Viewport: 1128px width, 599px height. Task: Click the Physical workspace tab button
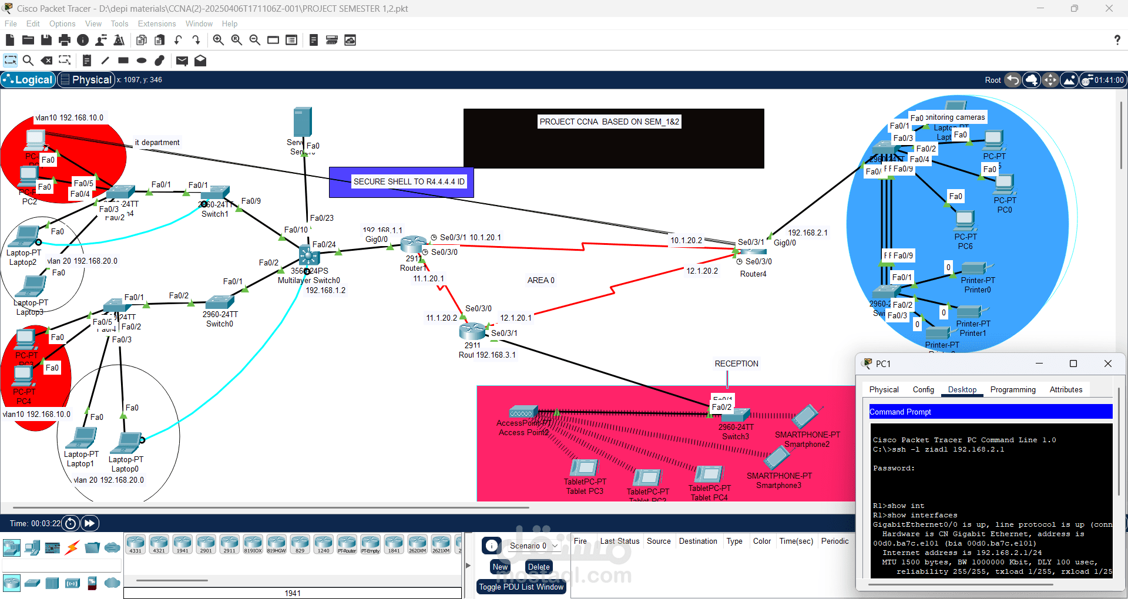click(x=86, y=80)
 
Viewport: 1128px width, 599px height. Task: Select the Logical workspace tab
click(x=28, y=80)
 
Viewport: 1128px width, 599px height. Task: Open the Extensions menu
click(x=157, y=24)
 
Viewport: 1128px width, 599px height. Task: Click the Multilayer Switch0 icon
click(x=309, y=255)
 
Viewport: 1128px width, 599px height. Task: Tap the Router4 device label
click(x=753, y=274)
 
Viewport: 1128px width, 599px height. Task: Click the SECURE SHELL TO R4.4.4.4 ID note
click(x=408, y=182)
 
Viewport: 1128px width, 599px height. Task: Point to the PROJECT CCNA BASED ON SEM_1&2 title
click(x=609, y=122)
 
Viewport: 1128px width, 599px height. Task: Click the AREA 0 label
click(x=540, y=281)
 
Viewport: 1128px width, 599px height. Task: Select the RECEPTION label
click(x=736, y=364)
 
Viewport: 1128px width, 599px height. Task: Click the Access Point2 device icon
click(x=522, y=412)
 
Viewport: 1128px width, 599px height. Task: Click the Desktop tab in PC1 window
click(x=962, y=390)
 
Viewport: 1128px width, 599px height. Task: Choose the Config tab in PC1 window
click(x=923, y=390)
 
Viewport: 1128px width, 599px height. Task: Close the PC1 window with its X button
click(x=1107, y=364)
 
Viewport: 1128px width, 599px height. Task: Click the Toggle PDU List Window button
click(x=521, y=587)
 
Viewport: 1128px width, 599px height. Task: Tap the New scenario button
click(x=500, y=567)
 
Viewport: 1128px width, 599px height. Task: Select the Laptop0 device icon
click(x=129, y=442)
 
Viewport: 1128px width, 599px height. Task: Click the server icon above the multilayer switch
click(x=302, y=122)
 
